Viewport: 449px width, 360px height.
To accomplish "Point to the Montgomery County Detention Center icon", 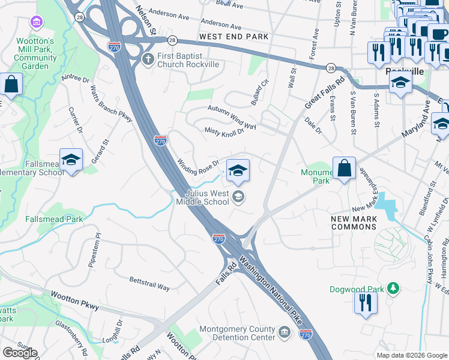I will coord(284,331).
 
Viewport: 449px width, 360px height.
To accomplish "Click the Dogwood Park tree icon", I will coord(393,289).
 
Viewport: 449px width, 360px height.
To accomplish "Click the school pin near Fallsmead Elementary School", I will coord(71,160).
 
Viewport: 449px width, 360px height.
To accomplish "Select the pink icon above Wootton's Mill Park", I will coord(38,22).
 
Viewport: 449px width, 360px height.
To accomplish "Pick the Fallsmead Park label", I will coord(55,220).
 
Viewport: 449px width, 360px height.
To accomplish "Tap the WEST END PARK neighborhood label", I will coord(234,37).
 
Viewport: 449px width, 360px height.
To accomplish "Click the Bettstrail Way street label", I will coord(150,283).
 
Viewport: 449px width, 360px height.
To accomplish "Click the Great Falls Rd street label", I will coord(324,92).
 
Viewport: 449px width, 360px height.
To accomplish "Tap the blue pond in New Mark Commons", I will coord(388,210).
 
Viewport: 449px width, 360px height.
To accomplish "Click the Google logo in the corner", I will coord(20,352).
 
